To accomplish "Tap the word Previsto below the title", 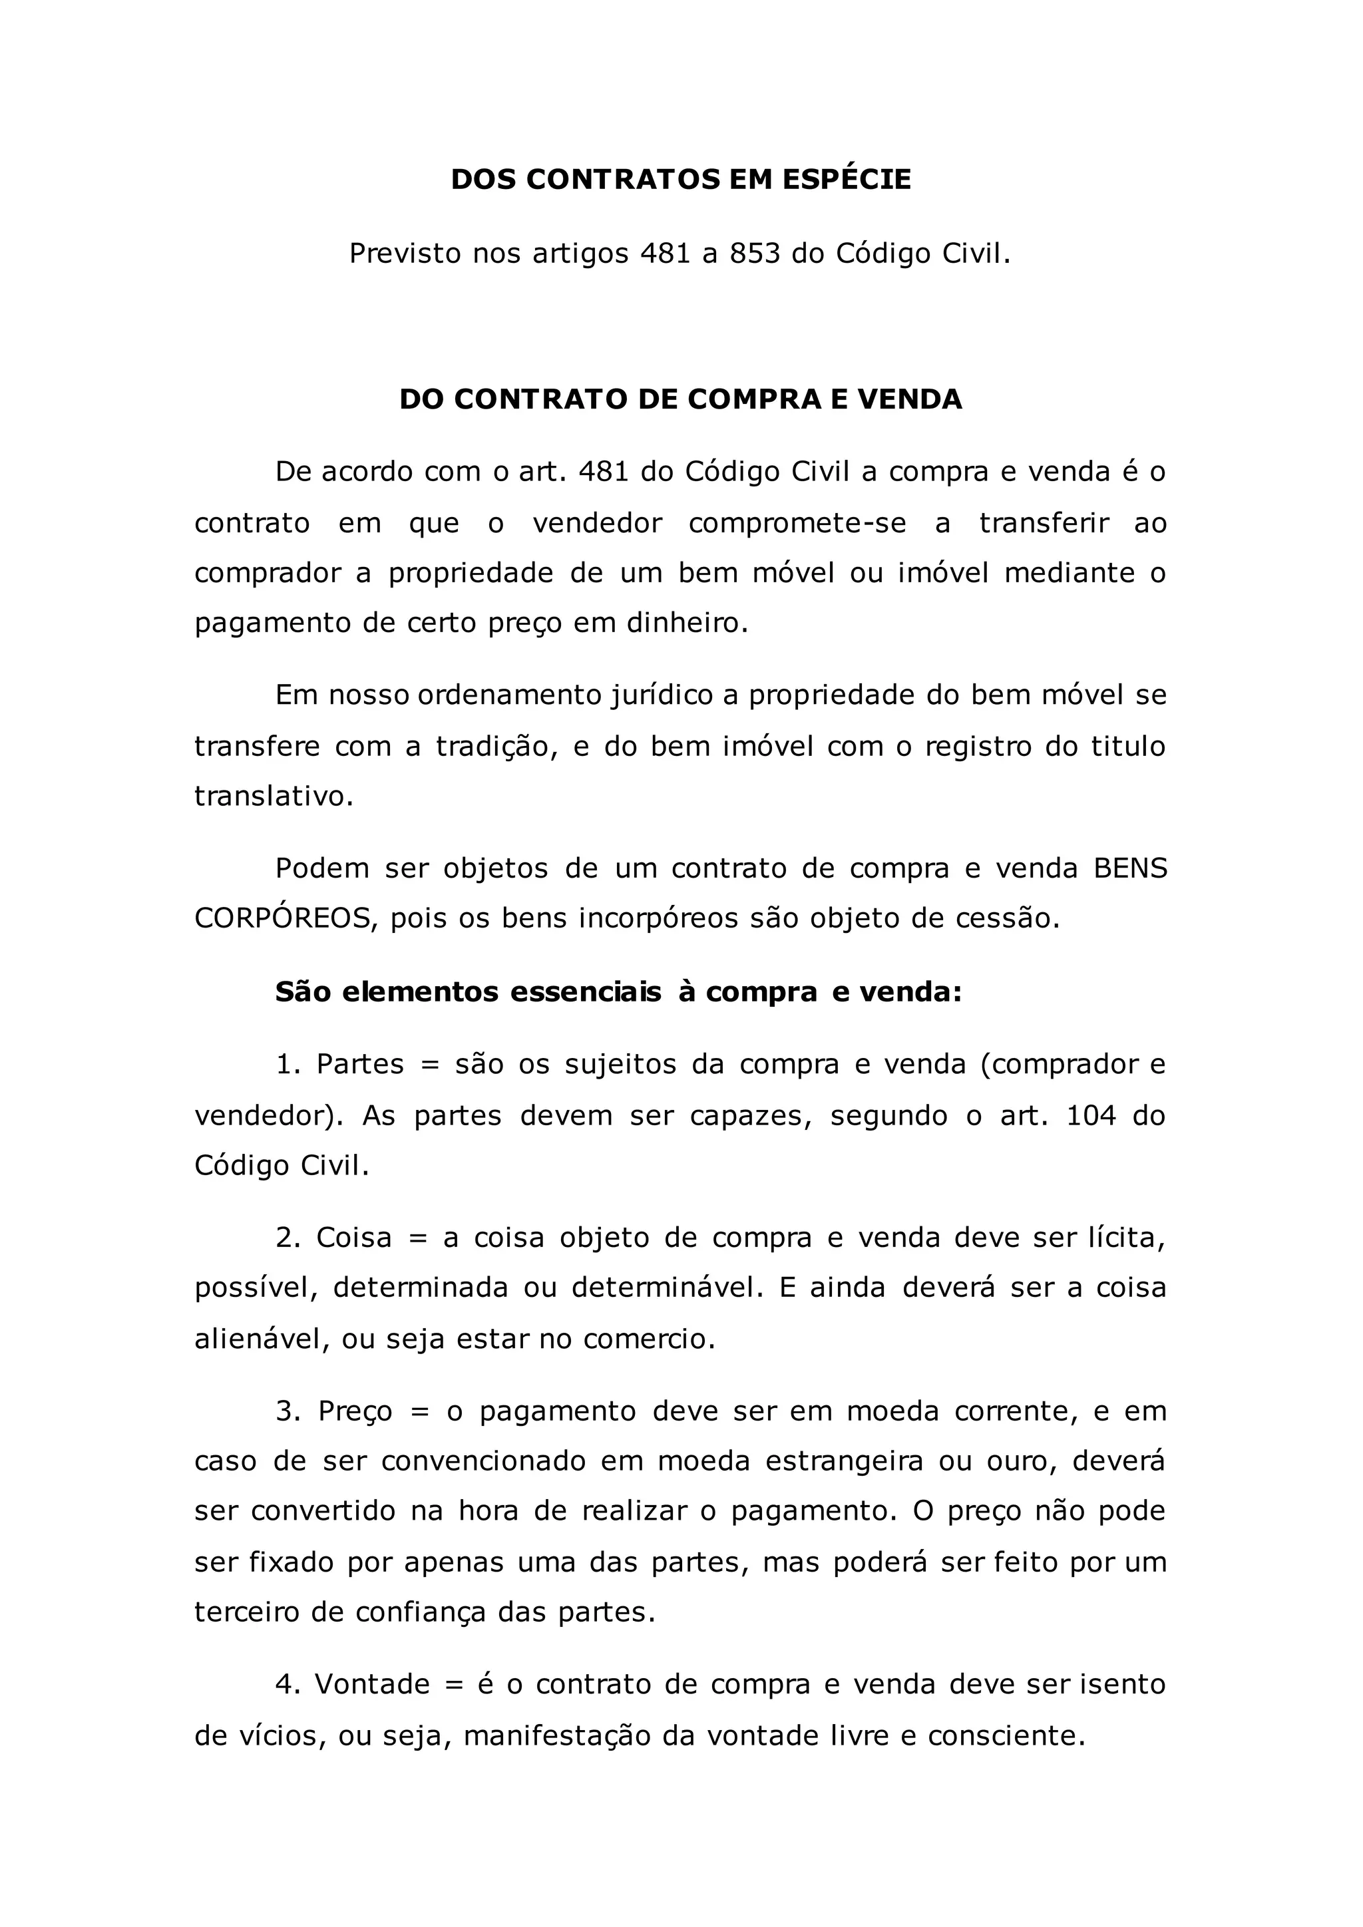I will pyautogui.click(x=405, y=254).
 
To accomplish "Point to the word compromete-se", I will pyautogui.click(x=797, y=523).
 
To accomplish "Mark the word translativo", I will pyautogui.click(x=274, y=796).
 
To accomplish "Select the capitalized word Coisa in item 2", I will pyautogui.click(x=354, y=1238).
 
